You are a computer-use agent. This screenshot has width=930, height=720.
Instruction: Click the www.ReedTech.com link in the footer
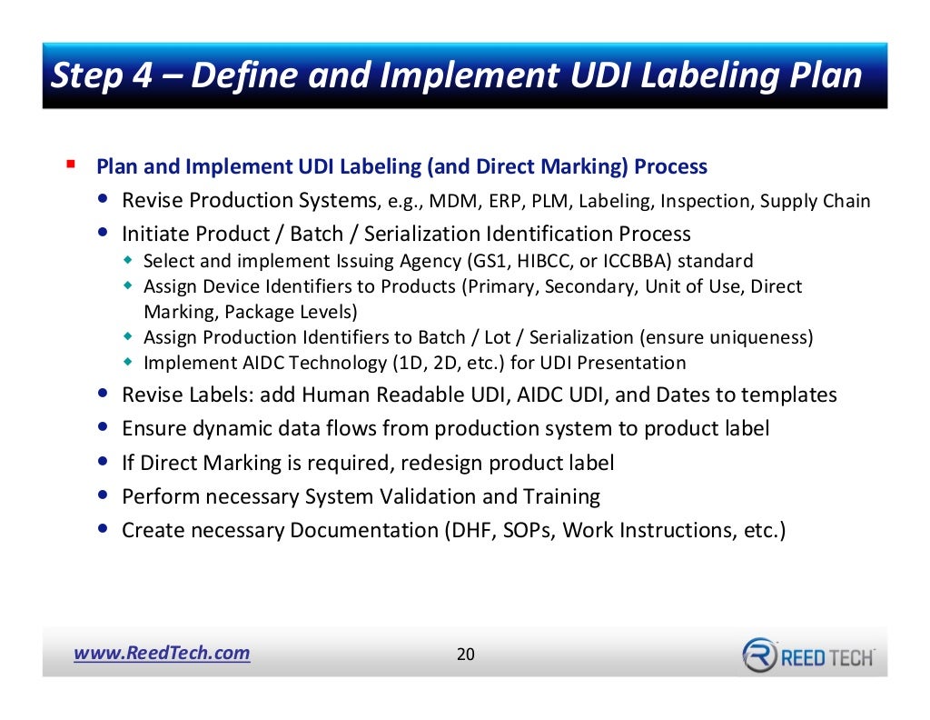click(161, 653)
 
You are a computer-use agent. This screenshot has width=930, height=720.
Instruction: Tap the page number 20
click(465, 655)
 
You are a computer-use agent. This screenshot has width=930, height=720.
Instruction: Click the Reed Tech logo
click(808, 655)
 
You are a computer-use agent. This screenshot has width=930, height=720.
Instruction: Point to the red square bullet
click(70, 165)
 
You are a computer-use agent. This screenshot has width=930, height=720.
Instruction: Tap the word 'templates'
click(789, 395)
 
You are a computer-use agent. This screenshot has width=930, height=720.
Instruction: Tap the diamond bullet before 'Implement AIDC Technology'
click(128, 363)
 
